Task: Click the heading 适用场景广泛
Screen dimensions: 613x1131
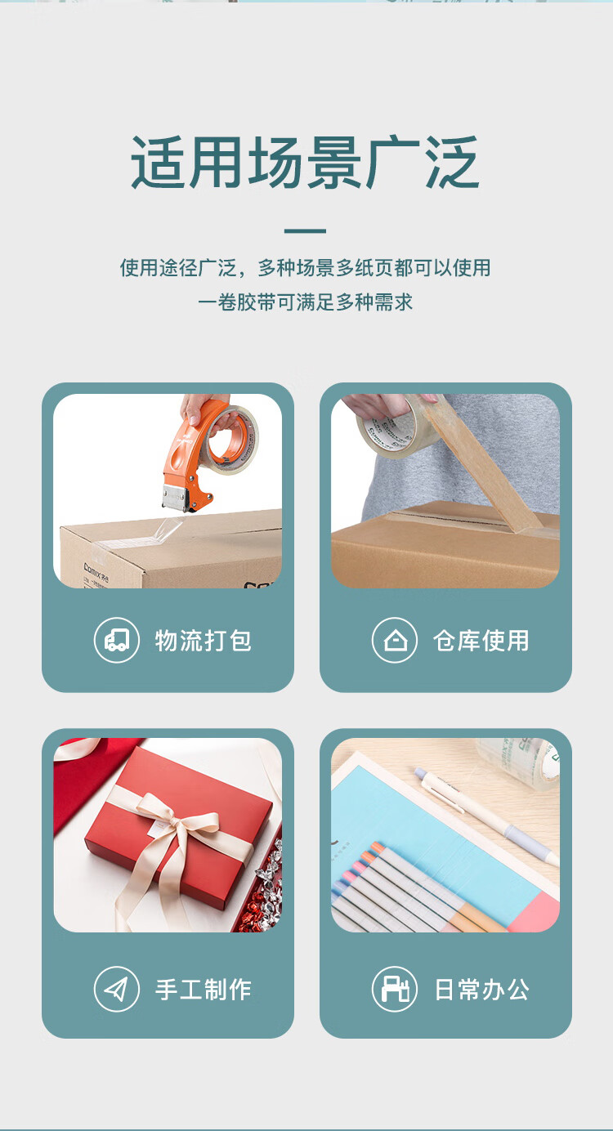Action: click(305, 162)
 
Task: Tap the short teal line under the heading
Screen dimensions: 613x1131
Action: click(305, 230)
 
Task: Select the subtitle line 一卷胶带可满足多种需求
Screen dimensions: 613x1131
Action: click(305, 302)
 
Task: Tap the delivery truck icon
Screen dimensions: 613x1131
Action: click(117, 640)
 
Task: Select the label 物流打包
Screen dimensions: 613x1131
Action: click(203, 640)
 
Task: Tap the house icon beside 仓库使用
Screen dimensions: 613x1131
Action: click(395, 640)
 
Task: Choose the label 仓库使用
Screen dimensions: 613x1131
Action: click(481, 640)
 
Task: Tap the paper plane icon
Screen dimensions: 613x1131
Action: click(117, 989)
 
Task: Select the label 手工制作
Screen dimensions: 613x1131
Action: click(203, 989)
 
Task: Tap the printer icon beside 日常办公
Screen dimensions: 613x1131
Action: click(395, 989)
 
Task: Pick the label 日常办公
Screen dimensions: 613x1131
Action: click(482, 989)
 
